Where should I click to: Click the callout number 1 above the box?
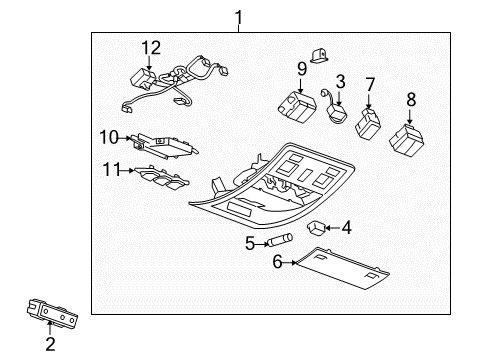238,16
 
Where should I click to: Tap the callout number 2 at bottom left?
48,346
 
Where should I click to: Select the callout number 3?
340,80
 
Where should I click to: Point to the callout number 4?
347,228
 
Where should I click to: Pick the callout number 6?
277,263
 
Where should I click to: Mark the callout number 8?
410,99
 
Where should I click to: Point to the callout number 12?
150,47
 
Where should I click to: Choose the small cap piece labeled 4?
319,227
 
